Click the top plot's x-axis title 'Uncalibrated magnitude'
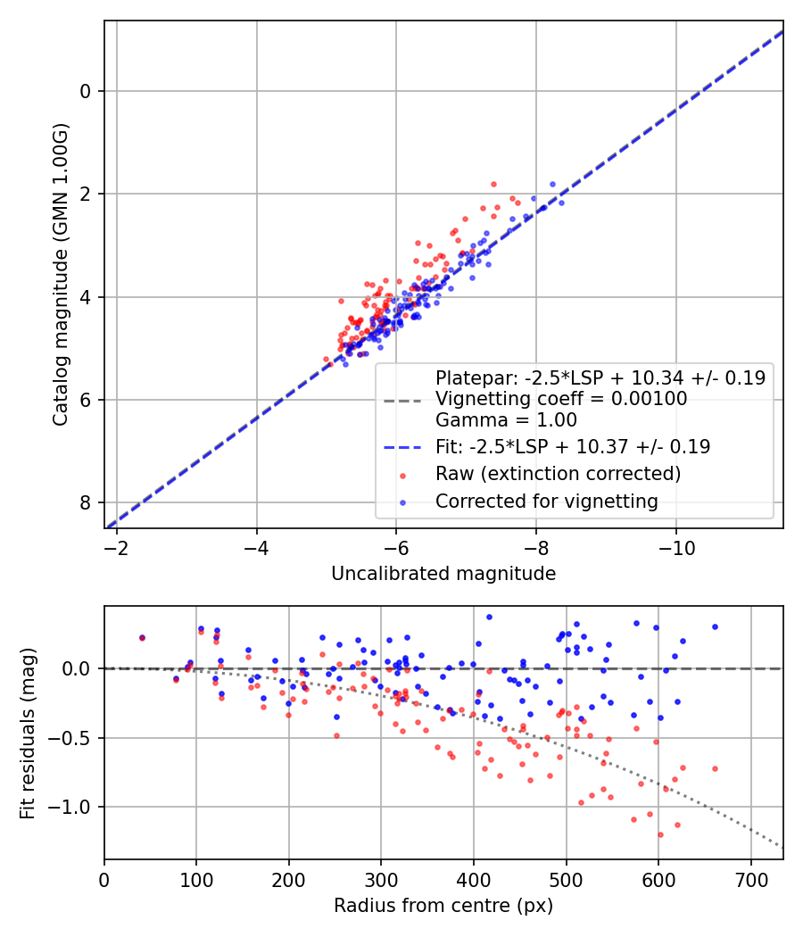(443, 574)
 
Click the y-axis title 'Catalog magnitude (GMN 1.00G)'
(60, 274)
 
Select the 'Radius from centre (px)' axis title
(443, 906)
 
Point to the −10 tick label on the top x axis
(675, 547)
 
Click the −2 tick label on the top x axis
(116, 547)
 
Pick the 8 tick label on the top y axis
(87, 503)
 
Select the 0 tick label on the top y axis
(87, 91)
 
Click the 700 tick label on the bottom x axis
(750, 879)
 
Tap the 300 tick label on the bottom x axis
(381, 879)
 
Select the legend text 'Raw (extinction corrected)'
(558, 473)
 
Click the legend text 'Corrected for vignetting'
(546, 502)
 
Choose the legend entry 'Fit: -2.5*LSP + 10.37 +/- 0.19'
(572, 446)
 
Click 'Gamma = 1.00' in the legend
(506, 419)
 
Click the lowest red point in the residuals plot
(660, 834)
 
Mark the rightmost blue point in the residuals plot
(715, 626)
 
